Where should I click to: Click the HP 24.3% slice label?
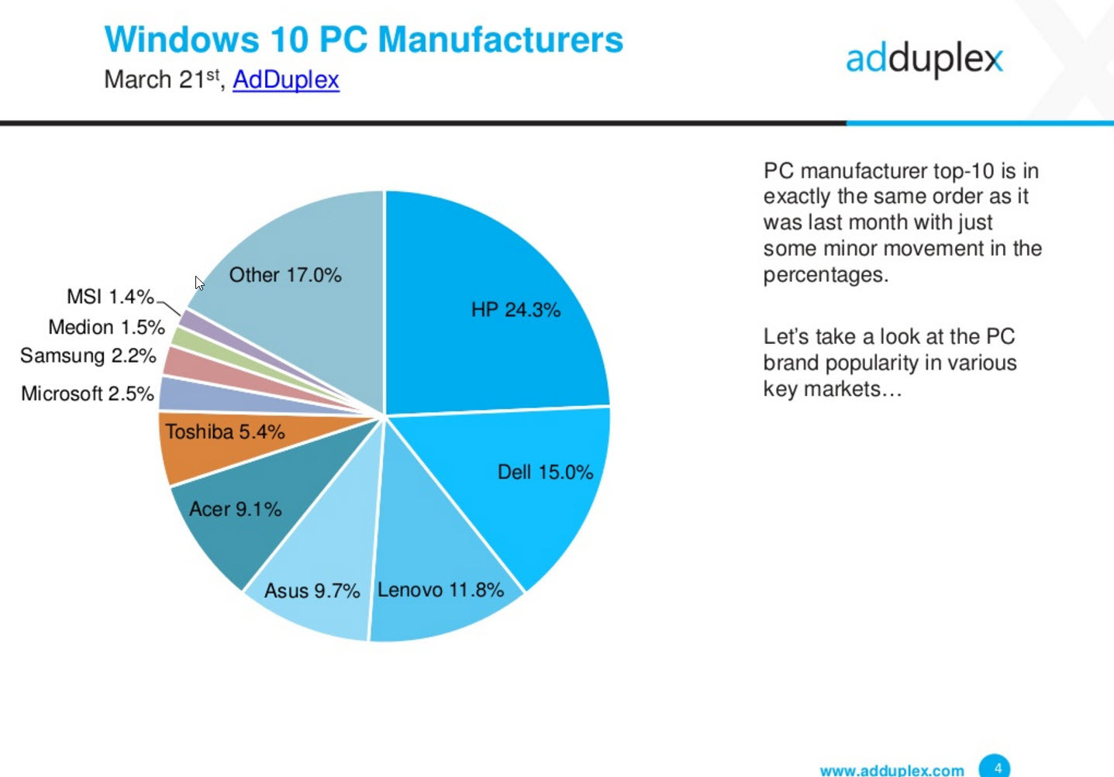point(516,310)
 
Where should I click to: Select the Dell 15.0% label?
point(545,473)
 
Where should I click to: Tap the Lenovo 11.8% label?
point(440,590)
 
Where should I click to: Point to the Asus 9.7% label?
point(312,591)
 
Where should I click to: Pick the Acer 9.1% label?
point(235,509)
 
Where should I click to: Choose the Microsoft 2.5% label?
point(88,394)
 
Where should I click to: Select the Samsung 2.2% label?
point(88,356)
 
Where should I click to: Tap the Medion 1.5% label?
point(106,327)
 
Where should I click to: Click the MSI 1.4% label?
point(110,297)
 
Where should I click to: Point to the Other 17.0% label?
point(285,275)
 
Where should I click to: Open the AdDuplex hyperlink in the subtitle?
point(285,80)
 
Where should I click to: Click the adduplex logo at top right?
point(924,59)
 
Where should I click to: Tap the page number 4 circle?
point(995,767)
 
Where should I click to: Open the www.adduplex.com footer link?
point(892,770)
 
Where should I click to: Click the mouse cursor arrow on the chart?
point(199,283)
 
